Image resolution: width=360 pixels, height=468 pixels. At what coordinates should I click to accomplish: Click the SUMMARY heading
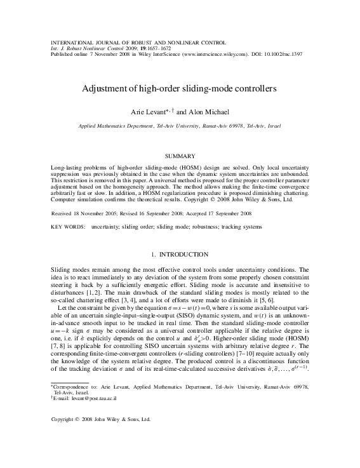pyautogui.click(x=180, y=155)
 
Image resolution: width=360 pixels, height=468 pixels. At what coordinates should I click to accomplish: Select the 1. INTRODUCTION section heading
pyautogui.click(x=180, y=255)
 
